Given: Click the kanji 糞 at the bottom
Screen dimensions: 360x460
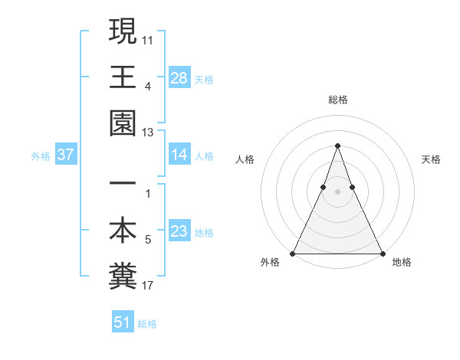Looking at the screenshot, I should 123,276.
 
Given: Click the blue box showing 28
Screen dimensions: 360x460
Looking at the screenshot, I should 179,78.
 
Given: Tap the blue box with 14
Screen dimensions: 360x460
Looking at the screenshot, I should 179,155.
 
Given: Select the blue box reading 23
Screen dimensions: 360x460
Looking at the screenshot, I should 179,231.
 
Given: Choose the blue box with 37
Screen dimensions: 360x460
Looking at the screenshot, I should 66,155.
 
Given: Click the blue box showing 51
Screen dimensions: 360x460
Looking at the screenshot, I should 123,322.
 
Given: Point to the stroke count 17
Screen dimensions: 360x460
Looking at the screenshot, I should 148,286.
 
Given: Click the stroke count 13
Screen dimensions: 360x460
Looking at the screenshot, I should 148,133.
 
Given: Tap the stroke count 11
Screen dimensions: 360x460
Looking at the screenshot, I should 148,38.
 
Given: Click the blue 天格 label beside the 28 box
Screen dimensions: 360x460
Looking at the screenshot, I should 204,79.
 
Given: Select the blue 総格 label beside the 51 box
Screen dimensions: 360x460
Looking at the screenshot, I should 147,323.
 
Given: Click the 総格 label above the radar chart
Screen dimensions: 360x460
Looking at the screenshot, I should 337,100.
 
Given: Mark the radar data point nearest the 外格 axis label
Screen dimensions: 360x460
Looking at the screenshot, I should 293,254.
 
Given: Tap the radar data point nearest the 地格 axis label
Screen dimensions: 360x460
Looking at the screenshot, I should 382,254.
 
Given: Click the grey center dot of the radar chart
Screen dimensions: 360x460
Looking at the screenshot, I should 337,191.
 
